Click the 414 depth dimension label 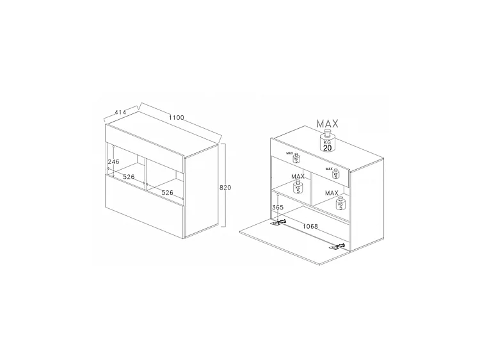[x=120, y=113]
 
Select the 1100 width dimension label [x=177, y=117]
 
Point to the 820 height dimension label [x=225, y=188]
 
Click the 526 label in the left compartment [x=129, y=176]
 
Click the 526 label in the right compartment [x=167, y=192]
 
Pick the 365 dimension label [x=277, y=208]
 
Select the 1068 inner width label [x=311, y=225]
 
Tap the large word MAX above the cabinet [x=327, y=124]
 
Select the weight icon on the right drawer [x=335, y=173]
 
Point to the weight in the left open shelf [x=298, y=187]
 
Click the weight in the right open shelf [x=339, y=203]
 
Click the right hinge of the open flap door [x=337, y=246]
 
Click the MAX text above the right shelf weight [x=332, y=193]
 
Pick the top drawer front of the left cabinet [x=145, y=147]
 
